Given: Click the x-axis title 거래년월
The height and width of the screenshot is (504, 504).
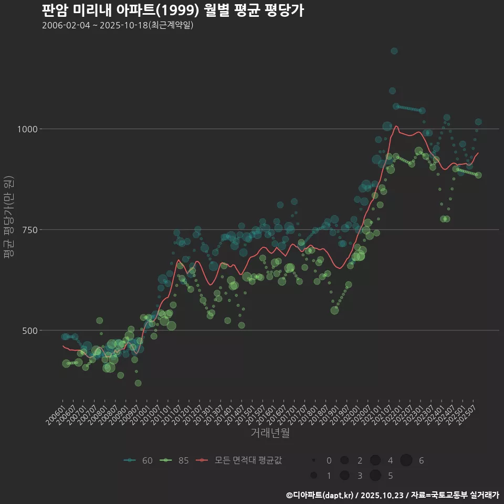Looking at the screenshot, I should [270, 433].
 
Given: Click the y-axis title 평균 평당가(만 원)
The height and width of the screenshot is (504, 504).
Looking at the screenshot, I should [8, 217].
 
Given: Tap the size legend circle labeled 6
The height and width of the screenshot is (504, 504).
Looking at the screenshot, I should [406, 460].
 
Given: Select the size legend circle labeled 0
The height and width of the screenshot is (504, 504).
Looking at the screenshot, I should [313, 460].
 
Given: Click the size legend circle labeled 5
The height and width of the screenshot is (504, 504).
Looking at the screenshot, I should [375, 476].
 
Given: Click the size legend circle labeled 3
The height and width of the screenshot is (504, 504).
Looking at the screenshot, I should [344, 476].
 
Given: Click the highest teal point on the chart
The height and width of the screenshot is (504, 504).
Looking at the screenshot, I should [394, 51].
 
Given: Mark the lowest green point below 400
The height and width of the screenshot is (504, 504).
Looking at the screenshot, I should [138, 383].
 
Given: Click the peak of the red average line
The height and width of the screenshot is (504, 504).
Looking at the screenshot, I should [396, 126].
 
